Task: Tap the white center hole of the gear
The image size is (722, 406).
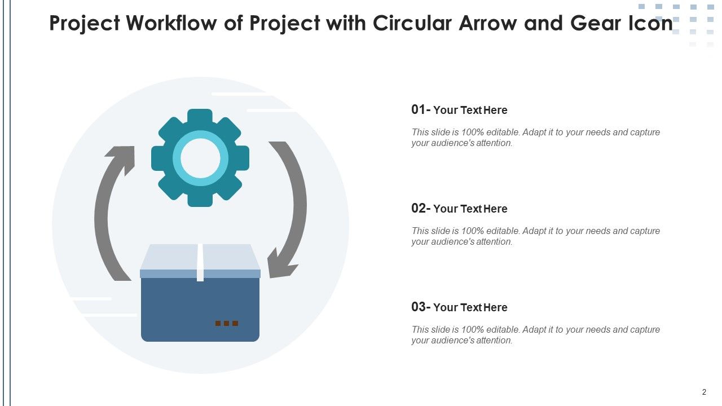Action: (x=200, y=158)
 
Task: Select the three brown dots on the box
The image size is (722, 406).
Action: (x=227, y=323)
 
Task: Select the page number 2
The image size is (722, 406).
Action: (x=704, y=392)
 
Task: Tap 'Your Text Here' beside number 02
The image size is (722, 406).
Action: (x=470, y=209)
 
